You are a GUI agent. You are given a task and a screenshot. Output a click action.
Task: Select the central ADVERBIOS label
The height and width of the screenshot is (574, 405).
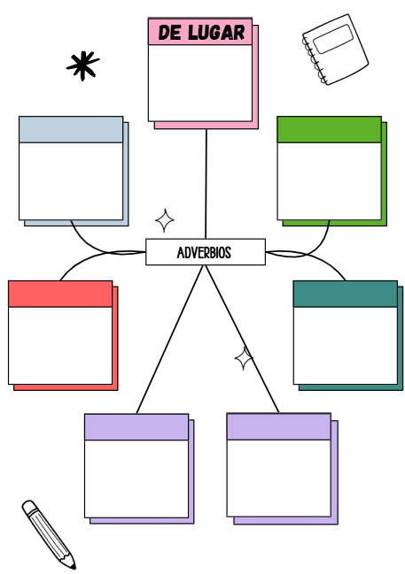coord(205,252)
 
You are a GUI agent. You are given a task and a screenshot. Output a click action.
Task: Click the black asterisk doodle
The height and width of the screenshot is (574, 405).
coord(83,65)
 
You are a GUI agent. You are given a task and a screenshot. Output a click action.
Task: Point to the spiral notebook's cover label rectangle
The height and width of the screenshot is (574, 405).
coord(333,40)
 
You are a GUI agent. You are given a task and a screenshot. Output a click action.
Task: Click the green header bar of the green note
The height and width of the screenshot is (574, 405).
coord(329,129)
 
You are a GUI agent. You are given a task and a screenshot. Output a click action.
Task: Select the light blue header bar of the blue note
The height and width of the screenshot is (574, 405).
coord(71,129)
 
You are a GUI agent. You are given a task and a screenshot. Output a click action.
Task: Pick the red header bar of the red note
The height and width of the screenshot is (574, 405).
coord(60,294)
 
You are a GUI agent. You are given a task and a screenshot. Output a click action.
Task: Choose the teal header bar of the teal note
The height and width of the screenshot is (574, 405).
coord(345,294)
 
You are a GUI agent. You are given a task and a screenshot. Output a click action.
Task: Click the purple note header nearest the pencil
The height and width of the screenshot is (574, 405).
coord(136,427)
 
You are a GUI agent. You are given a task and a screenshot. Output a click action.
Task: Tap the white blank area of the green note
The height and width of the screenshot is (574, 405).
coord(329,180)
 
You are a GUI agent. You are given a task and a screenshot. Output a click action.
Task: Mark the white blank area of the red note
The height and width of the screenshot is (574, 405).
coord(60,345)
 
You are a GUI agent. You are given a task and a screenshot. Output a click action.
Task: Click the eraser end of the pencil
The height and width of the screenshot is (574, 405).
coord(28,507)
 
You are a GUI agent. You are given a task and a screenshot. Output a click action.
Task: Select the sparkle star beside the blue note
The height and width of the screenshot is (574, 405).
coord(164,219)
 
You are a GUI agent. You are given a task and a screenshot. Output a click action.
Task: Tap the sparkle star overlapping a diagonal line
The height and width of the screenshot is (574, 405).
coord(244,358)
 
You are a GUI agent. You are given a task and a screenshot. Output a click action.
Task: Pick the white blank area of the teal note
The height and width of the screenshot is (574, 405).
coord(345,345)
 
